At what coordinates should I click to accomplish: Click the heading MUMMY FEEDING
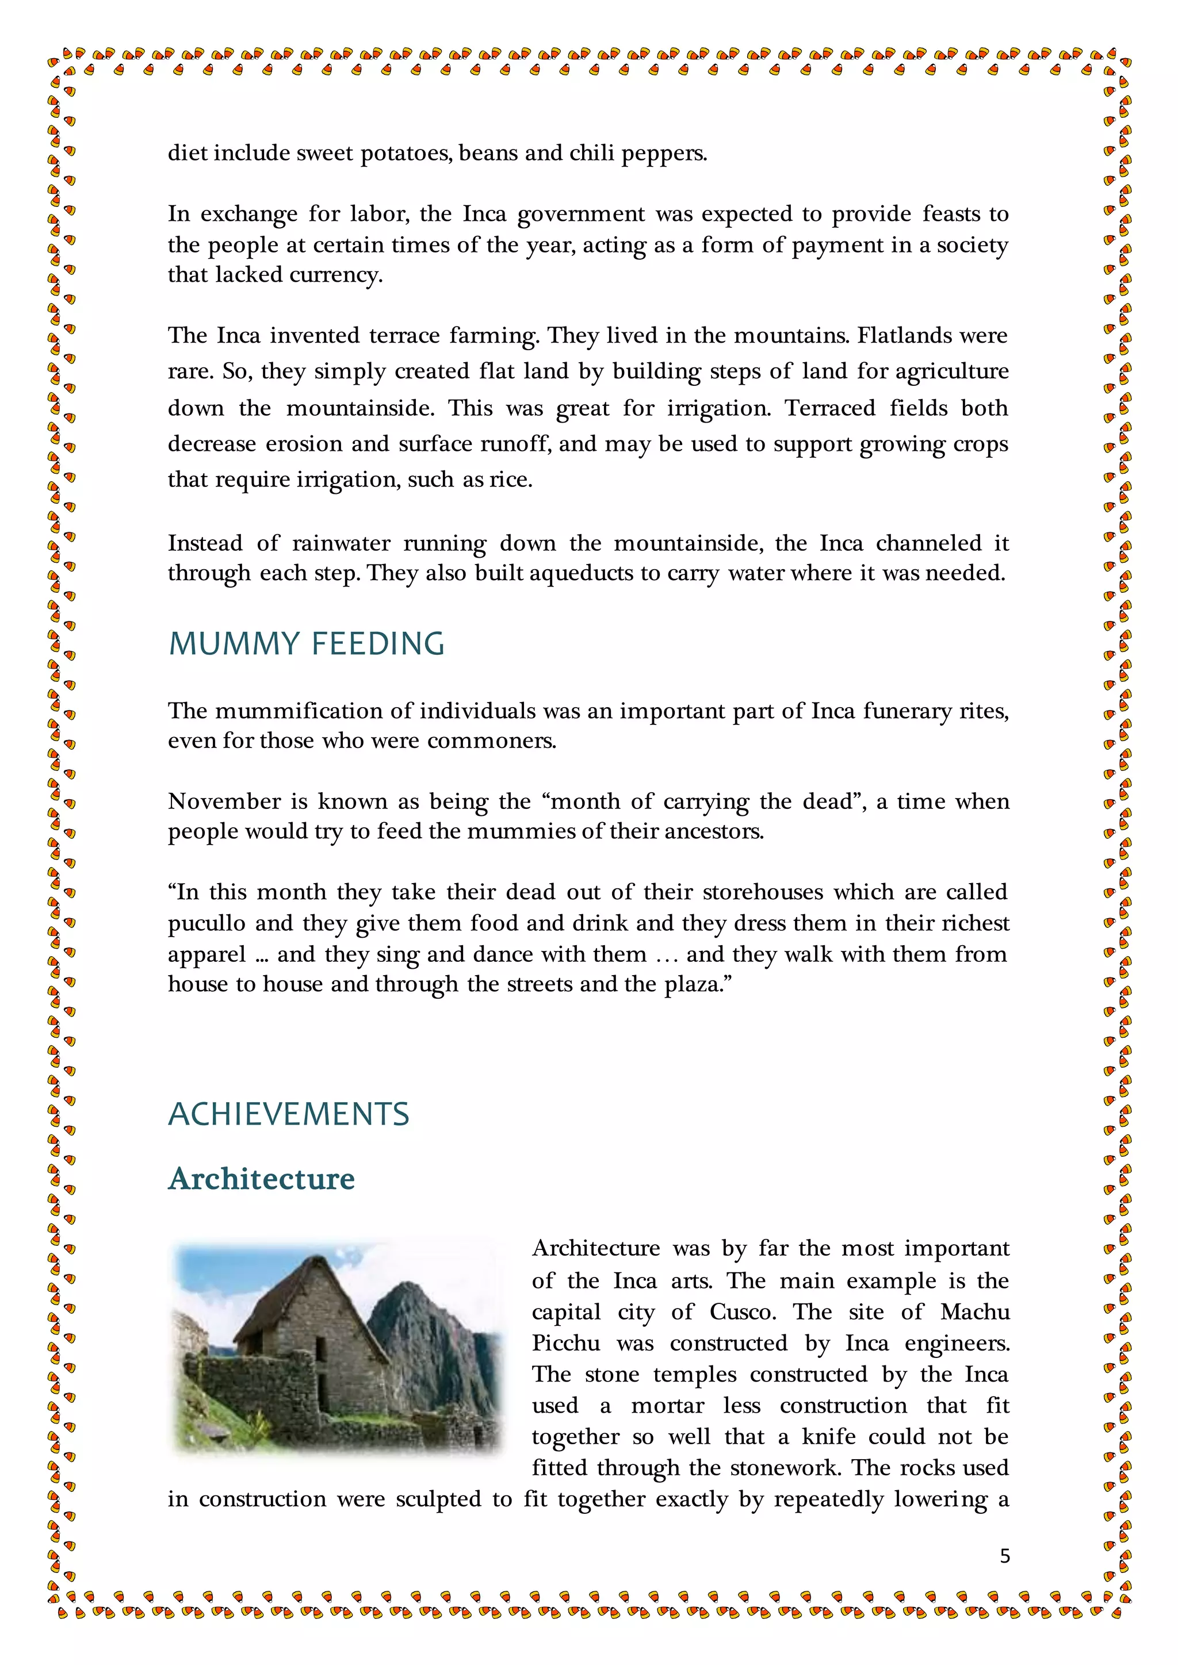point(305,644)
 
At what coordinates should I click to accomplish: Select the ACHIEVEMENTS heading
point(289,1115)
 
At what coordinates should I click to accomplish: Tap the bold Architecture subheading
point(261,1179)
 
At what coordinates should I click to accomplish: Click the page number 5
point(1005,1556)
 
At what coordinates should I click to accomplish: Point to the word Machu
point(975,1313)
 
